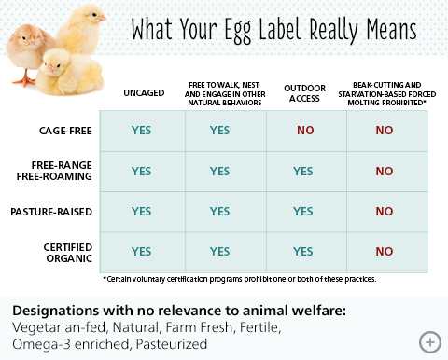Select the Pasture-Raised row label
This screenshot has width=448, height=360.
(61, 212)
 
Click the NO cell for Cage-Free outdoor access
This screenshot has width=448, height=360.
(305, 131)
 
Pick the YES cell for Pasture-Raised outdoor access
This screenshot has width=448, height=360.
(302, 212)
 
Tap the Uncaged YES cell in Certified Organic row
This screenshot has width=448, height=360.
(141, 251)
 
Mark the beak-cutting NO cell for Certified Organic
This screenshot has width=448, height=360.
(384, 251)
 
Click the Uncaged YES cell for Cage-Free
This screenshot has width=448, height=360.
(141, 131)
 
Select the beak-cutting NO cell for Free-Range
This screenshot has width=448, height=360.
(384, 172)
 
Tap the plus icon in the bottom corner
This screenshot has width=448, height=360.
(429, 341)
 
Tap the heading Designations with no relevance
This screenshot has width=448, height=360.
(158, 311)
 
